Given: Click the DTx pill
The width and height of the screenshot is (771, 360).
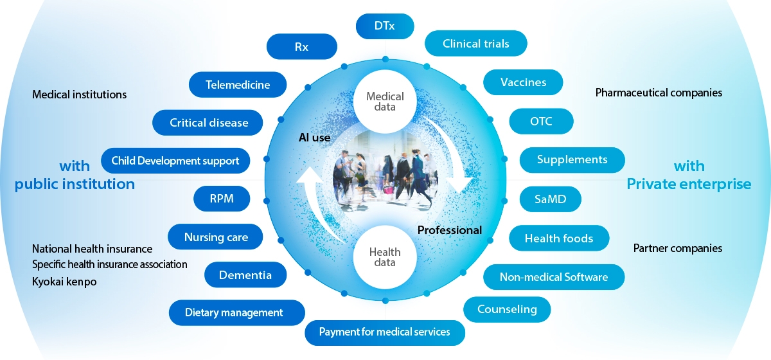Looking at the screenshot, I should pos(385,26).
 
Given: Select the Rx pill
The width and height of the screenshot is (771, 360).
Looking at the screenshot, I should pos(301,47).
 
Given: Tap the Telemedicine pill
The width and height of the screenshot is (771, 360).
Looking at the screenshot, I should pos(238,84).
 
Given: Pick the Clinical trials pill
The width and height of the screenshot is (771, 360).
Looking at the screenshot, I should pos(476,43).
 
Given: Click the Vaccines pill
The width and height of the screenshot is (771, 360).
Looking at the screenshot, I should pos(523,82).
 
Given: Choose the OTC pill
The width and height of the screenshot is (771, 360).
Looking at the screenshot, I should pos(541,121).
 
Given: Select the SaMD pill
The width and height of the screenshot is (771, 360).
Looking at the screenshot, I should pos(550,199).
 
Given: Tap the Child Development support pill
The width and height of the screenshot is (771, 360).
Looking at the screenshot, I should pos(175,161).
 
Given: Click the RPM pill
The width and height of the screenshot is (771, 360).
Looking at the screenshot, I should pos(222,199).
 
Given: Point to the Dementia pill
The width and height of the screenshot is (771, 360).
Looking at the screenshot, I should pos(245,275).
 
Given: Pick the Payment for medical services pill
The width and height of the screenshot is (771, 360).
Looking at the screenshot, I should pos(384,332).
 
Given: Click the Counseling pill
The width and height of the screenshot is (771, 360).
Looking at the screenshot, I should pos(507,309).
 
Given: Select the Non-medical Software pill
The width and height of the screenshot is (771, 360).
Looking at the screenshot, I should pos(554,277).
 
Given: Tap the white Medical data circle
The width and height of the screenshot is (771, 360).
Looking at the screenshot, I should pos(385,102).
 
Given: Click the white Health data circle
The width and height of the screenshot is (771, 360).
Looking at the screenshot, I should pos(385,258).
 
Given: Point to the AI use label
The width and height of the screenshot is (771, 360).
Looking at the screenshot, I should pos(314,138).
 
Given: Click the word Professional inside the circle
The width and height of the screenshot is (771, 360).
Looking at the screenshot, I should pos(450,230).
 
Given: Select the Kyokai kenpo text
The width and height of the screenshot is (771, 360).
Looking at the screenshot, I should pos(64,281).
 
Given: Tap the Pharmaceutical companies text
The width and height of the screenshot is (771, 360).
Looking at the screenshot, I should pos(659,93).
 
